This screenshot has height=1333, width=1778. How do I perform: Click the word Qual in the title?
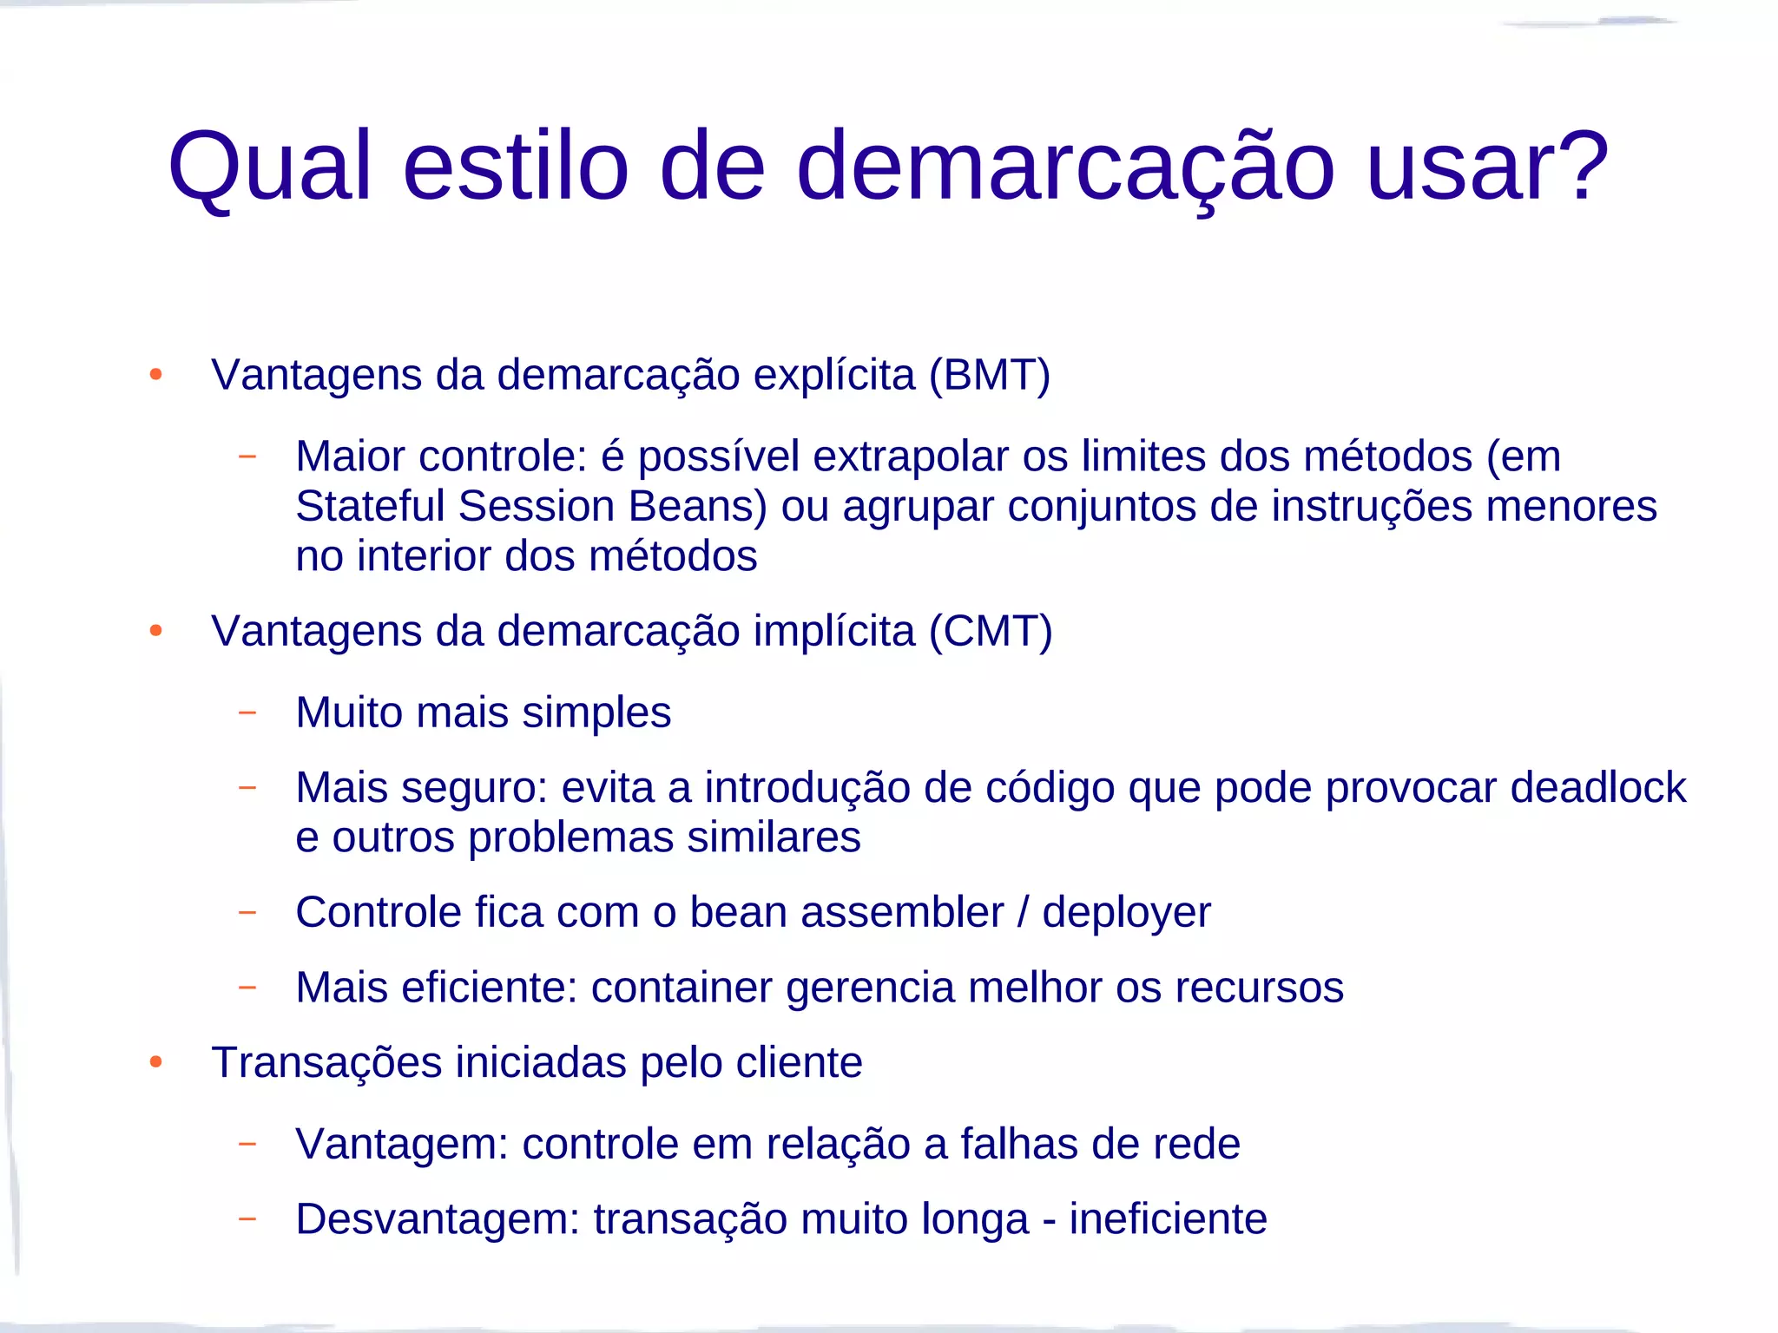[269, 167]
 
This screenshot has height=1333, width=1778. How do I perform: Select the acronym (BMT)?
[990, 376]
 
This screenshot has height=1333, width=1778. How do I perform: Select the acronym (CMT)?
[991, 632]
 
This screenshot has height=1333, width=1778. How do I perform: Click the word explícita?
[833, 376]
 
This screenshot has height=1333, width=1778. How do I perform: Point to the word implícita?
[833, 632]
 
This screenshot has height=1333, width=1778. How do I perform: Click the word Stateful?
[370, 506]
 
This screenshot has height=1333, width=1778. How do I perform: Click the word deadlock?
[1598, 788]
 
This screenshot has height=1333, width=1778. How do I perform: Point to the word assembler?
[902, 913]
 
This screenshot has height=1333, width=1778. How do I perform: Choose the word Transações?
[326, 1063]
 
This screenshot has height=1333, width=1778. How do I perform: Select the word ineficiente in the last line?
[1168, 1219]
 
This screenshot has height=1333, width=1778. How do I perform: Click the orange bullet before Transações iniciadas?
[156, 1062]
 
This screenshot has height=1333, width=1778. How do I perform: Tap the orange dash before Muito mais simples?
[247, 713]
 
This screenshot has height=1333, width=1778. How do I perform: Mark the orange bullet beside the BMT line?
[156, 375]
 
